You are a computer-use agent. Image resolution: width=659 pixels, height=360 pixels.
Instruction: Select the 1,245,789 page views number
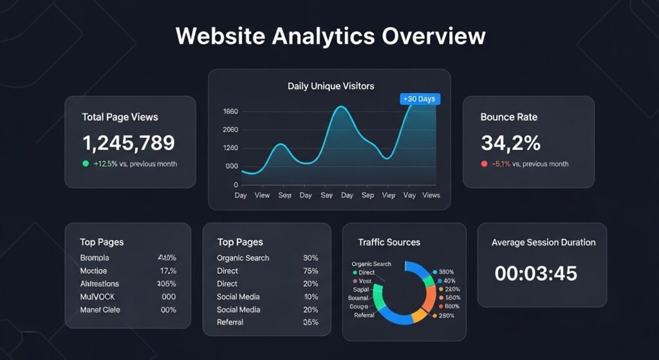(128, 142)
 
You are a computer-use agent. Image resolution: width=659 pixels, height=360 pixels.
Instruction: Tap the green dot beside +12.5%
(86, 164)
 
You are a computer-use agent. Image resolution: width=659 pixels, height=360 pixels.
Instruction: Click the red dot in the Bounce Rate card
(484, 164)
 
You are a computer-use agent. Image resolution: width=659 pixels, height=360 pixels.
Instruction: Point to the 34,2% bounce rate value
(510, 142)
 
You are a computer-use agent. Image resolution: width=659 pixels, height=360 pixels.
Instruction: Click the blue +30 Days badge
(418, 99)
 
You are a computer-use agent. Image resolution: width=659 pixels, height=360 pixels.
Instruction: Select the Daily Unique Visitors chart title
(330, 86)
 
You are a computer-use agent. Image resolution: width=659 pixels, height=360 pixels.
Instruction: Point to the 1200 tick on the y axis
(230, 148)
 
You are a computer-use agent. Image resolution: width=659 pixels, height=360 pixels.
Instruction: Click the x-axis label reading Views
(431, 195)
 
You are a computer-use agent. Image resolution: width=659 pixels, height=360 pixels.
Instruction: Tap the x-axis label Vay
(409, 195)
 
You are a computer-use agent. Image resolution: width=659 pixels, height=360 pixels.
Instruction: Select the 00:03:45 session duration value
(535, 273)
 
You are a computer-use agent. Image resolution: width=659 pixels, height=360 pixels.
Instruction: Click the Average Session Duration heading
(543, 243)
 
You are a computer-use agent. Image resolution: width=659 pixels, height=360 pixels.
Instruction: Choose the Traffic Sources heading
(389, 243)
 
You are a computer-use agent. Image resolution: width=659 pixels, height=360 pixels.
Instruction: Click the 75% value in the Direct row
(310, 271)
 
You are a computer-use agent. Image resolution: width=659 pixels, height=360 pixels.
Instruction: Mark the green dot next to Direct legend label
(355, 273)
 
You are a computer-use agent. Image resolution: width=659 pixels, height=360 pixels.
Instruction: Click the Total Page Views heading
(120, 117)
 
